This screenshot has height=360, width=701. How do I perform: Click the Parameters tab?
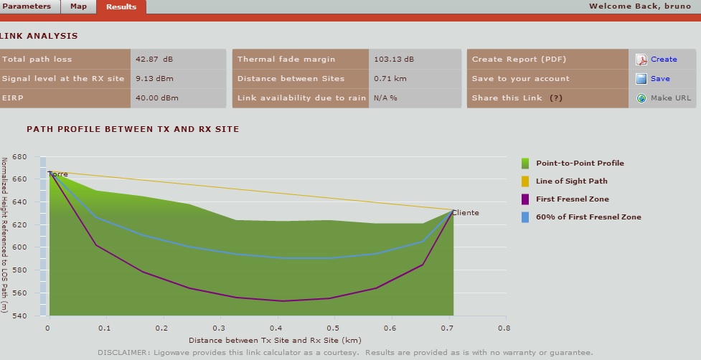coord(27,6)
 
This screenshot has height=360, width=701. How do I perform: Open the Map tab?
coord(78,6)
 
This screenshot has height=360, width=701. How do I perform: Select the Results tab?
coord(121,6)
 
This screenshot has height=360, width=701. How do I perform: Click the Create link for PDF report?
coord(664,60)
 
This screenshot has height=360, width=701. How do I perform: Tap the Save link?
coord(660,79)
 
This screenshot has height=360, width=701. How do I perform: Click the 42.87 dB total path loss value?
coord(154,60)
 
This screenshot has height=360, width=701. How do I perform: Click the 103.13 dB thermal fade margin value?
coord(394,60)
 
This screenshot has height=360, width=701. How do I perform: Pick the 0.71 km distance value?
coord(390,79)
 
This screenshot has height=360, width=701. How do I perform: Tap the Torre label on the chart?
coord(58,174)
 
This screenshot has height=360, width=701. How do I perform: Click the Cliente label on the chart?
coord(466,213)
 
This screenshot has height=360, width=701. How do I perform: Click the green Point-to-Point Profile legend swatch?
coord(525,164)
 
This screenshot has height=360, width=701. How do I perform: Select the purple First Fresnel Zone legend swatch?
coord(525,199)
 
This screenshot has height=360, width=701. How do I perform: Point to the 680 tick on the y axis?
coord(19,156)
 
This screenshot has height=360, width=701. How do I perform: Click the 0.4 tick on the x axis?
coord(276,328)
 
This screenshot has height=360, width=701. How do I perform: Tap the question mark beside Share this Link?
coord(556,98)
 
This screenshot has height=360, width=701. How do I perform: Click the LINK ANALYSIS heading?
coord(39,36)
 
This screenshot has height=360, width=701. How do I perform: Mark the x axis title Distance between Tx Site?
coord(275,340)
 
